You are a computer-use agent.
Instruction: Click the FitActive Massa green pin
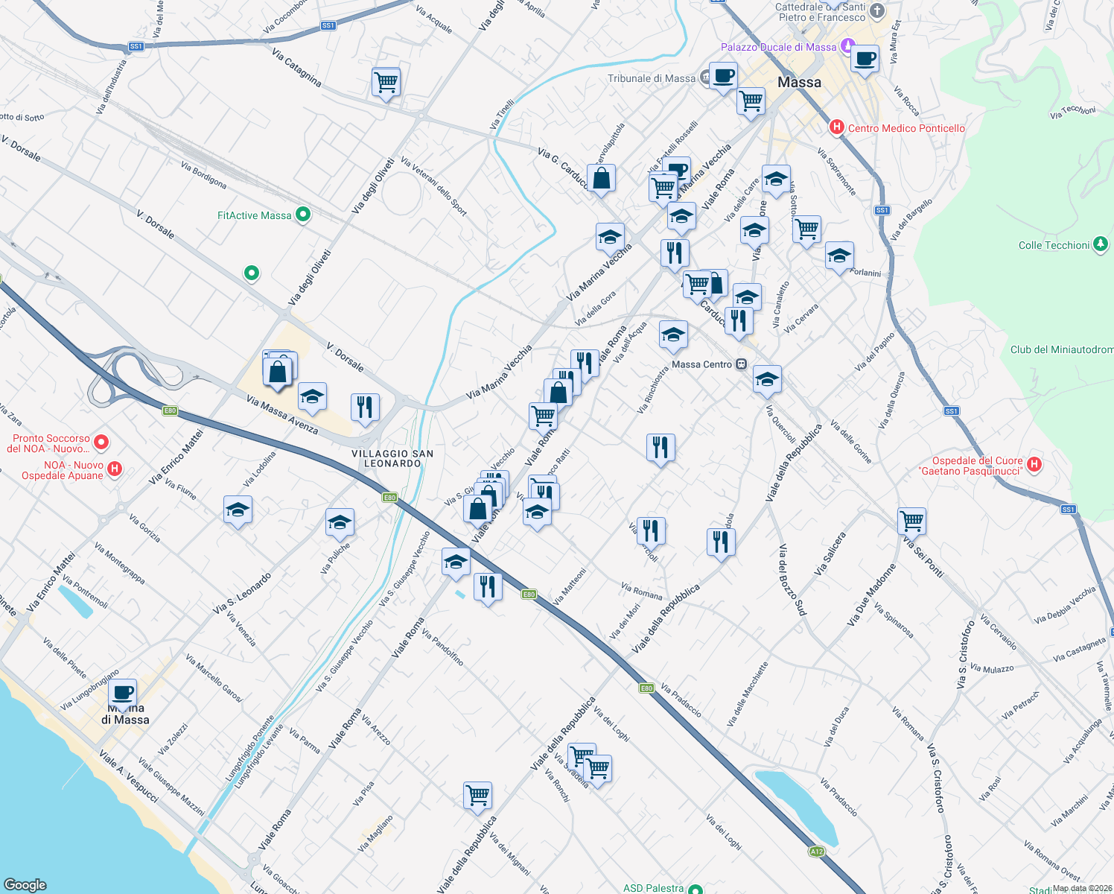coord(303,215)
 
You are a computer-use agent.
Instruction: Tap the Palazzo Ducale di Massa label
coord(778,47)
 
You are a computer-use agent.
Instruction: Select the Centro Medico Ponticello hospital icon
coord(836,127)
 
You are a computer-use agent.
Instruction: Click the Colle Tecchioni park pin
coord(1101,244)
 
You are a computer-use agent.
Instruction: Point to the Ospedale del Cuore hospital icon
coord(1034,465)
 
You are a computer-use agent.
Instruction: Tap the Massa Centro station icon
coord(741,364)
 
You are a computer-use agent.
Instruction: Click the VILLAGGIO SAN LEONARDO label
coord(392,458)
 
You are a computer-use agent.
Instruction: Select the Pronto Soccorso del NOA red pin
coord(102,442)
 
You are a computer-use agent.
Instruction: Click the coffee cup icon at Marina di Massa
coord(124,693)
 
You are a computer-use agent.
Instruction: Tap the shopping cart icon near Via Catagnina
coord(386,81)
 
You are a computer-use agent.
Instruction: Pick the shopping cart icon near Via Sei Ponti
coord(911,521)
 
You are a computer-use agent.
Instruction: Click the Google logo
coord(25,884)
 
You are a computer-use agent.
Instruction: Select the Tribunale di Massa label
coord(651,78)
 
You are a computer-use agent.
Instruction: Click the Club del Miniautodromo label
coord(1062,349)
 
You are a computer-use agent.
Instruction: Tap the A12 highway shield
coord(817,851)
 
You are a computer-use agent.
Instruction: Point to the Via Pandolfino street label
coord(442,647)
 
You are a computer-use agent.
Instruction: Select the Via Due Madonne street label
coord(872,594)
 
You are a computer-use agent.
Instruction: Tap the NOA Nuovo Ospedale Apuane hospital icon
coord(115,469)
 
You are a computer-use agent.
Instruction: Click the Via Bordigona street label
coord(204,175)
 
